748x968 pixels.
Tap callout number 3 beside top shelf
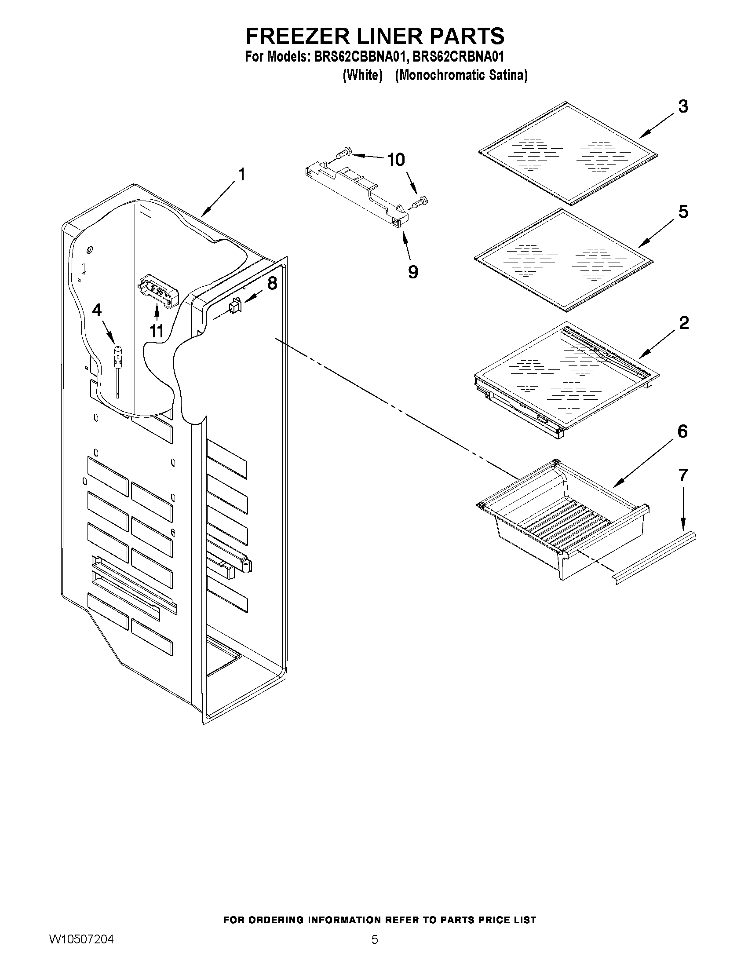(x=683, y=106)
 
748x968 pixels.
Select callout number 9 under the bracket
(x=412, y=272)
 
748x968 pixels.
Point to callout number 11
(x=157, y=331)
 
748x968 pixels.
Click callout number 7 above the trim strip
(x=683, y=475)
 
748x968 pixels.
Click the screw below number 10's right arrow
(x=419, y=203)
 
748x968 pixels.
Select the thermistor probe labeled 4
(x=117, y=359)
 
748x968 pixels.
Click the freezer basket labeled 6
(x=563, y=523)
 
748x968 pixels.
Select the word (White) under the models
(x=362, y=75)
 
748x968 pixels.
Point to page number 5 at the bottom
(x=375, y=940)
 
